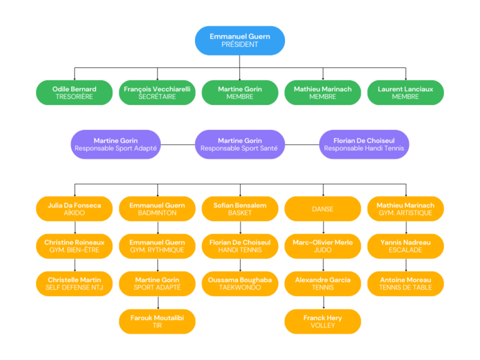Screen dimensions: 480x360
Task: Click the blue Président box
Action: point(240,41)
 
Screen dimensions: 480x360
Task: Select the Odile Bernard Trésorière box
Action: point(74,92)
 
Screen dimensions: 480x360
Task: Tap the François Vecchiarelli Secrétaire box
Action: point(157,92)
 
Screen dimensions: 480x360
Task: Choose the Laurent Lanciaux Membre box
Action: point(405,92)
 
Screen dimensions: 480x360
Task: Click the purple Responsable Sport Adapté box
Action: point(116,144)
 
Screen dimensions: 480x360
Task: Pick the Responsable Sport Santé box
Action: point(240,144)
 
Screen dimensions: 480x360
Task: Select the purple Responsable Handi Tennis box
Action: point(364,144)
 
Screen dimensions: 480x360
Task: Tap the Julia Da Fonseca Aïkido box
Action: point(74,209)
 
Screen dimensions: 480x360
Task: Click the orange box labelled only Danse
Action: point(322,209)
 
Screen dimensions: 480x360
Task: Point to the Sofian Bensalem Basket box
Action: point(240,209)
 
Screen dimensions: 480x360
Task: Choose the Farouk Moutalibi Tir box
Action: point(157,321)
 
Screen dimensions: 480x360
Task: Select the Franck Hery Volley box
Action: point(322,321)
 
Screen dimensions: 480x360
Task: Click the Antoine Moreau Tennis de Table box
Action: point(405,284)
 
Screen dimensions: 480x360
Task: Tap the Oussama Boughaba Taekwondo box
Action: point(240,284)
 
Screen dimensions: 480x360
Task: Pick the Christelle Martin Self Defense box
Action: point(74,284)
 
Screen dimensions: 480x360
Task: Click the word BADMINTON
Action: point(157,212)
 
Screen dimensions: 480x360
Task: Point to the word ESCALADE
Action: point(405,250)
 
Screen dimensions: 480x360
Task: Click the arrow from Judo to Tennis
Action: point(323,265)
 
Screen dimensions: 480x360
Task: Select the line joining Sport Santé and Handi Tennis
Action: point(302,144)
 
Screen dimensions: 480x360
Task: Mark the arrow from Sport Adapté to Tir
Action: point(158,302)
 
